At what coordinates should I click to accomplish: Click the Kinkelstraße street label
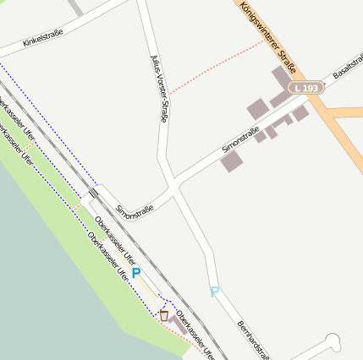(42, 37)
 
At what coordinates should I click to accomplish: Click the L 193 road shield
(305, 88)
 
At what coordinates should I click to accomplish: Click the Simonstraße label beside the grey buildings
(240, 139)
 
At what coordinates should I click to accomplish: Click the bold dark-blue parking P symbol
(135, 274)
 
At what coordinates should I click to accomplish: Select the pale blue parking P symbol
(214, 292)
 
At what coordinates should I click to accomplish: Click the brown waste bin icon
(163, 316)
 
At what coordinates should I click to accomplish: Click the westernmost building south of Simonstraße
(232, 161)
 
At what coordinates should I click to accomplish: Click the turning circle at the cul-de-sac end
(333, 341)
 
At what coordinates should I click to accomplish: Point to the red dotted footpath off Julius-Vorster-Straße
(216, 68)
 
